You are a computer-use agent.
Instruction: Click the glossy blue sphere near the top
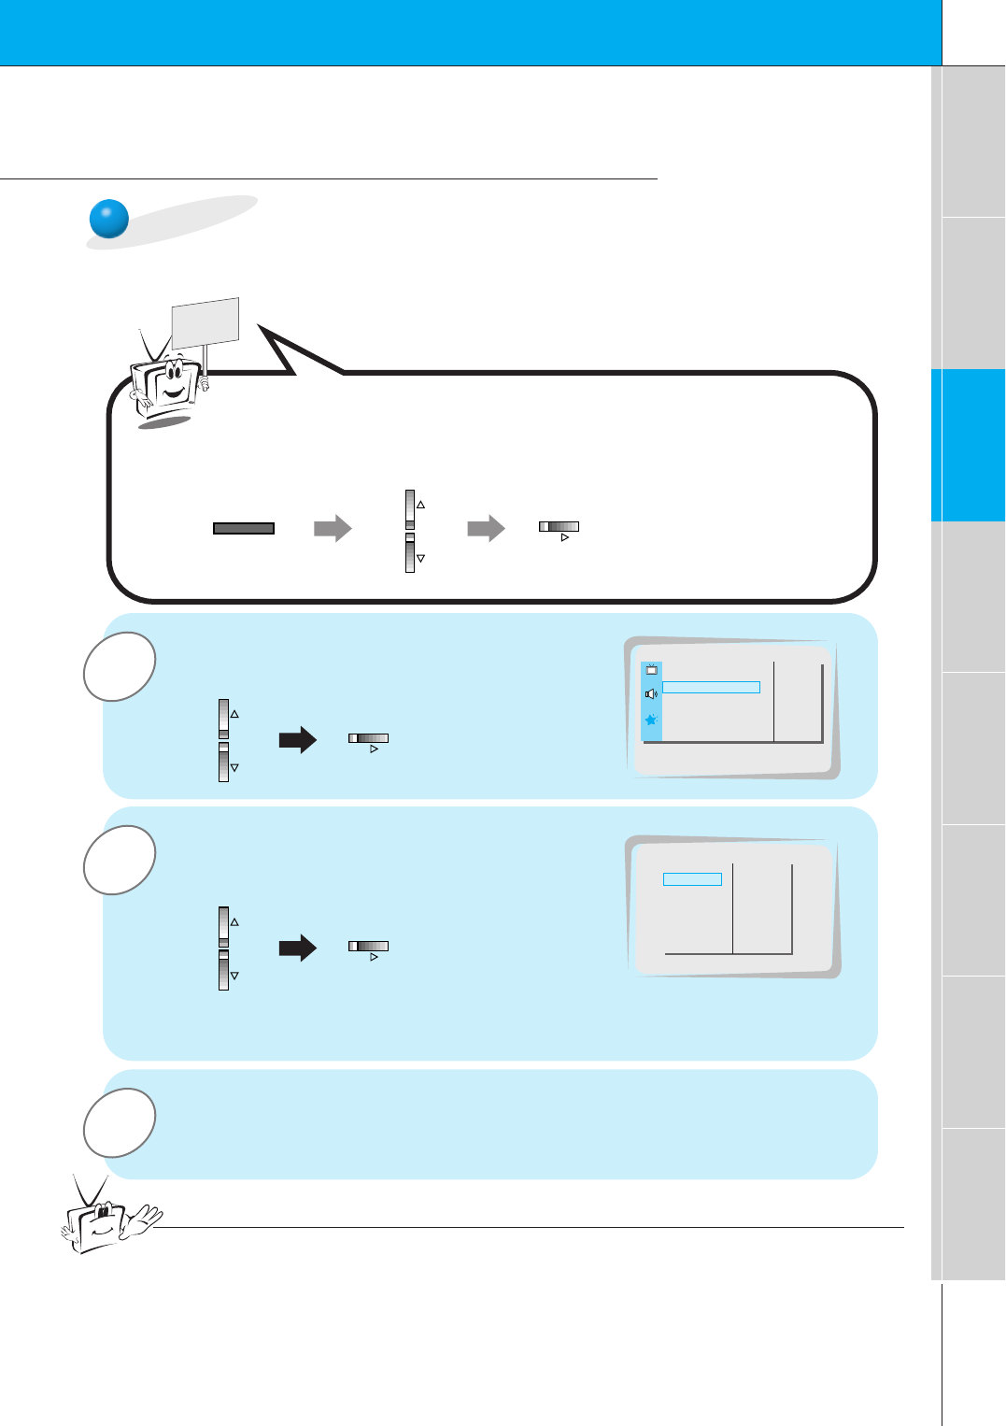[109, 220]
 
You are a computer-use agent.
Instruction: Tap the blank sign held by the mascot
[205, 321]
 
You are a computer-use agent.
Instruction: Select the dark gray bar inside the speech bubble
[244, 528]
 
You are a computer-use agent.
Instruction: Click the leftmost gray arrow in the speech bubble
[333, 528]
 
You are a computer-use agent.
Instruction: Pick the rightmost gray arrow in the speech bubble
[486, 528]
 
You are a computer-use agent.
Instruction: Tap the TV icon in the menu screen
[651, 670]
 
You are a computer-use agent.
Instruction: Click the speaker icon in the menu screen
[651, 694]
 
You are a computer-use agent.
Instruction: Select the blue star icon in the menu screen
[651, 720]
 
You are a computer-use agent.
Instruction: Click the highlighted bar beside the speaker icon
[711, 688]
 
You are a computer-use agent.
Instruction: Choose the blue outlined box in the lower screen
[692, 879]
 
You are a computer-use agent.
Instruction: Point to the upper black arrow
[298, 741]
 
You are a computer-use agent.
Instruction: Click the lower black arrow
[298, 948]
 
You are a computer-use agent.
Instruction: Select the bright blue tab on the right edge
[969, 445]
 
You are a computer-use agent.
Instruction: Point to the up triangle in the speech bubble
[420, 505]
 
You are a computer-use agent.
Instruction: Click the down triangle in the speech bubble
[420, 558]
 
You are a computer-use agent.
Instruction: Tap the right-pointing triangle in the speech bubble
[564, 538]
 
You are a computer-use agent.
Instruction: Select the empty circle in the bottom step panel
[120, 1122]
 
